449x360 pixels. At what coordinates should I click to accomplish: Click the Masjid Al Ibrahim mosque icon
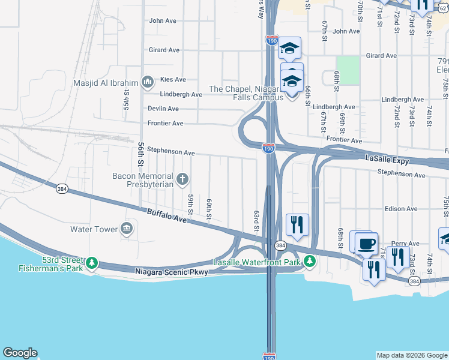(x=147, y=82)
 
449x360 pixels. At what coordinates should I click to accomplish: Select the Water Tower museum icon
(x=127, y=228)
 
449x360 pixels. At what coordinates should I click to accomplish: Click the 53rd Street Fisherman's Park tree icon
(x=92, y=263)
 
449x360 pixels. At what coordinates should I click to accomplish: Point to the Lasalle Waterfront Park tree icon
(x=309, y=261)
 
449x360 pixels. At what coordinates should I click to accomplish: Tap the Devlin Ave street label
(x=163, y=109)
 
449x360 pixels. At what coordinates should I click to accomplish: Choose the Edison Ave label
(x=402, y=209)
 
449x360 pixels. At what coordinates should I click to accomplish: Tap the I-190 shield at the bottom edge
(x=270, y=356)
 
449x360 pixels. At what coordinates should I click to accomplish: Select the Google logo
(x=20, y=353)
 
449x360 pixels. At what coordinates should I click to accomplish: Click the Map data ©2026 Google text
(x=411, y=355)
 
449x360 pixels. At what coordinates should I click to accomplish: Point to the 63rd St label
(x=256, y=221)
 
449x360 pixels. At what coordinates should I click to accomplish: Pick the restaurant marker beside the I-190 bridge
(x=297, y=226)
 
